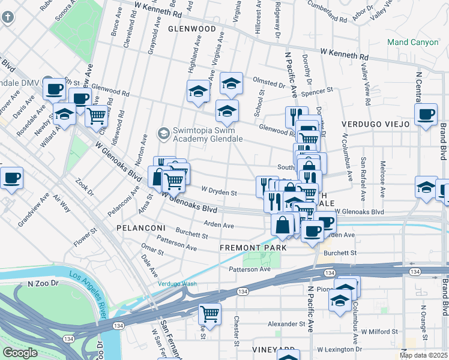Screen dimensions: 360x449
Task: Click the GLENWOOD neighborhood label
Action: pos(191,28)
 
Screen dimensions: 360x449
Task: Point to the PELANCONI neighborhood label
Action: pos(137,229)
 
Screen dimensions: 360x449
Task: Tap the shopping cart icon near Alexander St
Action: pos(209,313)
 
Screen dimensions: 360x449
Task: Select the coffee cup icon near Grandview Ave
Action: pos(11,178)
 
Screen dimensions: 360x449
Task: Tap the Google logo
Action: pos(20,352)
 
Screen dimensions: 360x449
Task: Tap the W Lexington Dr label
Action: pos(340,349)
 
